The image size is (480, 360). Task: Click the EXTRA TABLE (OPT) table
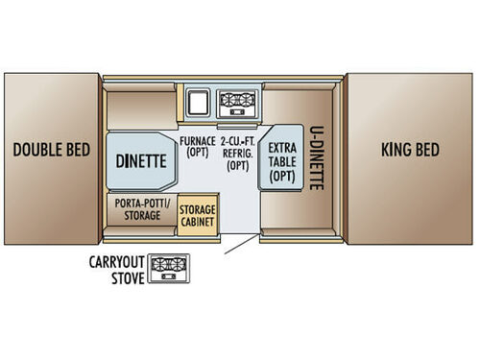pyautogui.click(x=283, y=159)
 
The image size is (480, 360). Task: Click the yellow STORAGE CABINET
pyautogui.click(x=197, y=215)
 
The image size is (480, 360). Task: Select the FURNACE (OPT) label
pyautogui.click(x=198, y=146)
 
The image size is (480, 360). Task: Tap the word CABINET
pyautogui.click(x=197, y=221)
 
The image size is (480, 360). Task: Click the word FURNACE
pyautogui.click(x=198, y=140)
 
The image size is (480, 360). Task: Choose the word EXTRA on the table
pyautogui.click(x=283, y=148)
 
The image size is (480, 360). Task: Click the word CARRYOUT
pyautogui.click(x=117, y=261)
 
